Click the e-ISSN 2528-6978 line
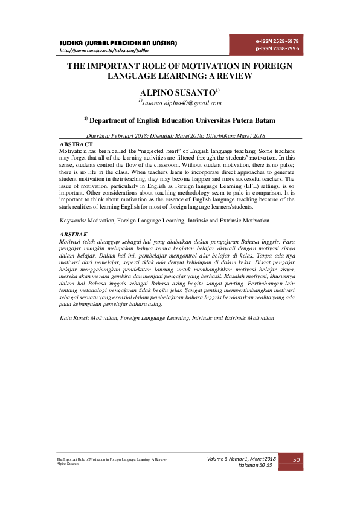point(277,41)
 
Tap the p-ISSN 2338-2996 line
point(277,48)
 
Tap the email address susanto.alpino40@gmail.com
point(180,103)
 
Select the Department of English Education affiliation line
point(179,120)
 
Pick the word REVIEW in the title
point(234,76)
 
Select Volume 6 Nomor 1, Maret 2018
point(241,459)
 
